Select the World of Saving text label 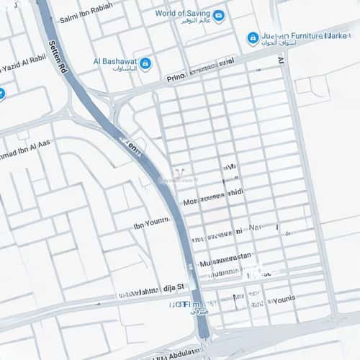point(183,13)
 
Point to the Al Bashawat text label point(114,61)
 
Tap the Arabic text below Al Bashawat point(122,71)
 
